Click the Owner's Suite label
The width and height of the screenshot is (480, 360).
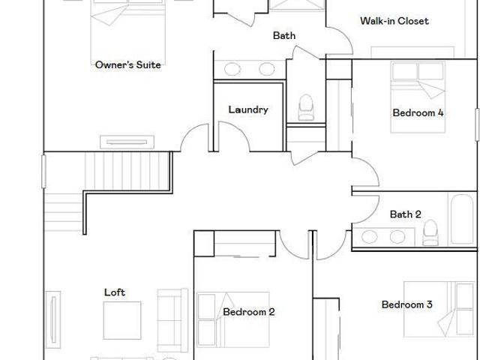click(128, 65)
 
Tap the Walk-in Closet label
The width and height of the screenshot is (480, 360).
click(394, 21)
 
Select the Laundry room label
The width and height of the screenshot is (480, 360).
click(248, 110)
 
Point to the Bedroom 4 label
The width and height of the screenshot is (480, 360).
click(418, 112)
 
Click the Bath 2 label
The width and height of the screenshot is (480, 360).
click(405, 214)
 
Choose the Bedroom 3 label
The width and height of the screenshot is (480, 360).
click(406, 304)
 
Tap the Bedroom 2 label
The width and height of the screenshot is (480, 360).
click(249, 312)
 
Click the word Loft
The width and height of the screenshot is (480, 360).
click(115, 292)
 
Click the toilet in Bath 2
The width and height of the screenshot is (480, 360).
click(430, 232)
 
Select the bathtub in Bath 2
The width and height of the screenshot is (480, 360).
click(462, 219)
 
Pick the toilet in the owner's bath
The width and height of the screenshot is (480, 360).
click(306, 107)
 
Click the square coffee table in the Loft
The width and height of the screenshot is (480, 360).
click(122, 320)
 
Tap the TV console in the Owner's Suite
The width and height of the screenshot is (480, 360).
click(127, 142)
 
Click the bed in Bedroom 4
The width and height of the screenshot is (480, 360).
click(418, 97)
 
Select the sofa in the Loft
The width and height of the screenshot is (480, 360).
click(172, 320)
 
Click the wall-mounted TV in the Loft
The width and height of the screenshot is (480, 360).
click(53, 319)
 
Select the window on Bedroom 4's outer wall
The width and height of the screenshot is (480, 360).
click(477, 124)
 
